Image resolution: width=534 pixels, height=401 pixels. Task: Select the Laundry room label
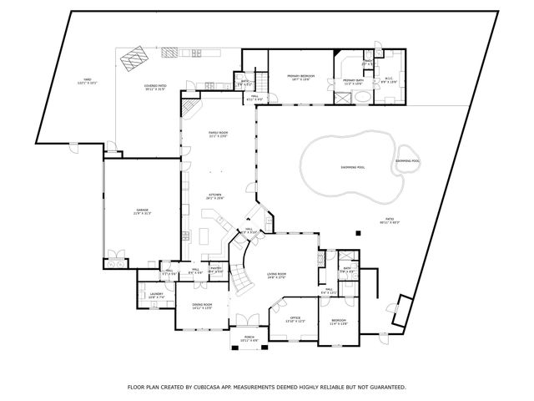[156, 295]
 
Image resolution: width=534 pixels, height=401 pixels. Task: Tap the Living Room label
[276, 275]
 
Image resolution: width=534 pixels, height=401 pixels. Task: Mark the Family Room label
[218, 135]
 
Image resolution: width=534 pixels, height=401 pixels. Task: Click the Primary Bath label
[352, 82]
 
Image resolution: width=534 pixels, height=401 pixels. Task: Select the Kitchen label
[215, 196]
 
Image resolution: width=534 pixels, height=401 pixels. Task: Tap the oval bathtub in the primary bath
[362, 98]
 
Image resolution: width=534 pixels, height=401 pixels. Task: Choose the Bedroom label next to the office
[338, 321]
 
